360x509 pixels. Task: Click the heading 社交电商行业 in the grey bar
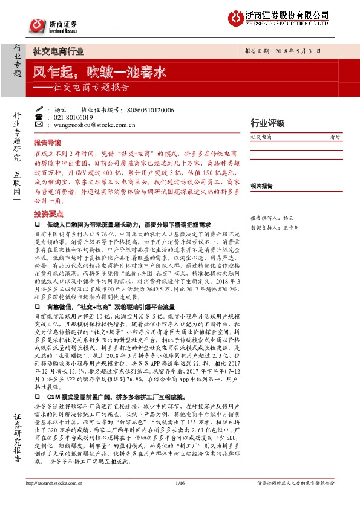[58, 52]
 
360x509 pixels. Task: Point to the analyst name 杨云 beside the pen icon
[60, 110]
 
